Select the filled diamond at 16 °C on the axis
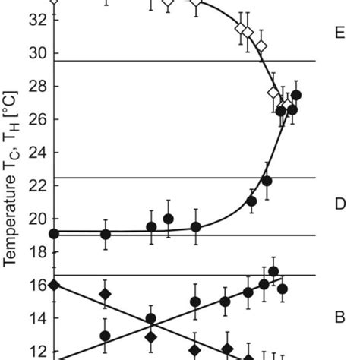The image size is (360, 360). pyautogui.click(x=53, y=285)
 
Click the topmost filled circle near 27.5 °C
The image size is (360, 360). pyautogui.click(x=296, y=95)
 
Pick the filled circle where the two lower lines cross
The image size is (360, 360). pyautogui.click(x=150, y=319)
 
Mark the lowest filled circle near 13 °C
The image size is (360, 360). pyautogui.click(x=105, y=335)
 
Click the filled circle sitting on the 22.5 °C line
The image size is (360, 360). pyautogui.click(x=267, y=180)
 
